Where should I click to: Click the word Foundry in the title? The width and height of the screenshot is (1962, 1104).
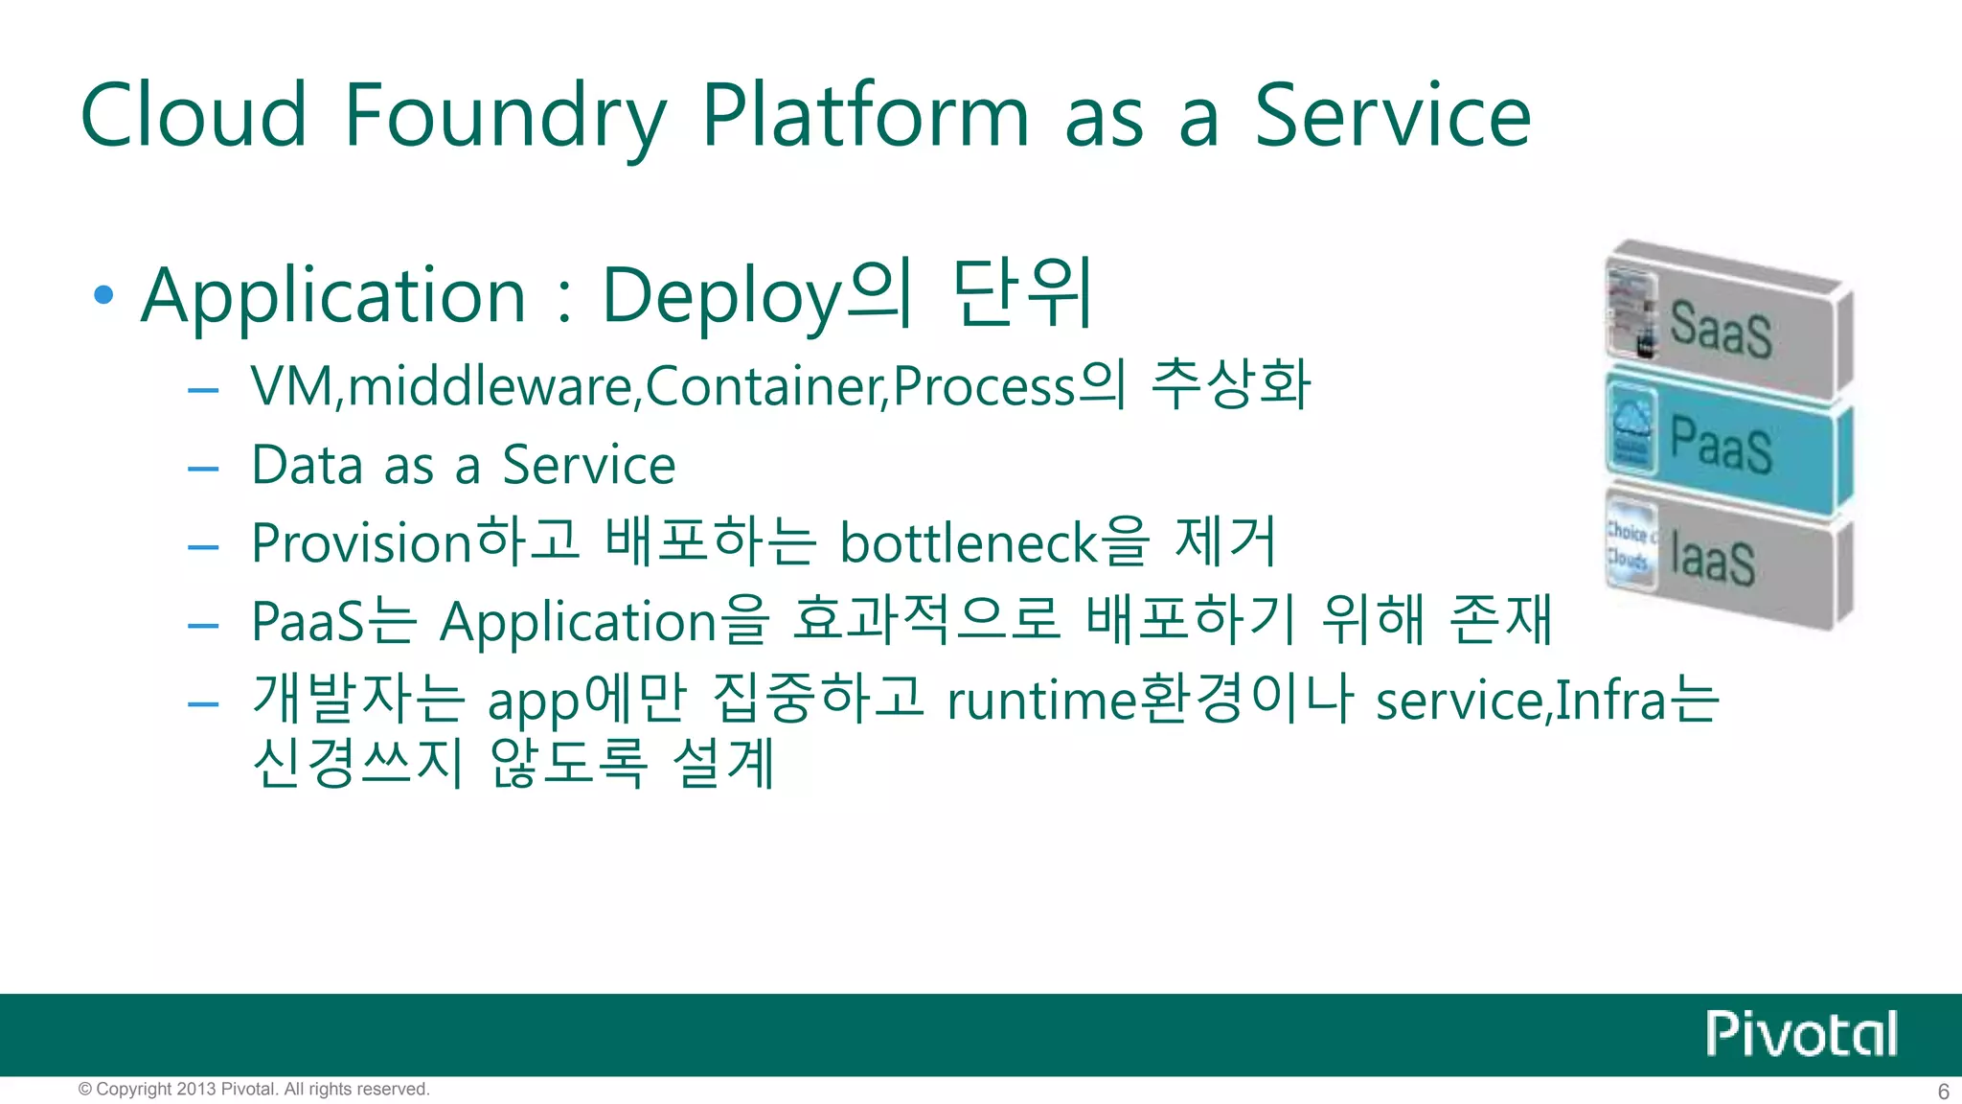(x=504, y=117)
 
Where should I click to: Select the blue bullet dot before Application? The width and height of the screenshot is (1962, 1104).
(x=104, y=294)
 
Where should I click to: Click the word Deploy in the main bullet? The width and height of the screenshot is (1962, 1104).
(x=721, y=296)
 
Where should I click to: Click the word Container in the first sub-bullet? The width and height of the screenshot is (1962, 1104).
(x=766, y=386)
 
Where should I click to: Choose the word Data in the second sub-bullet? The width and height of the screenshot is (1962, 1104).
(x=308, y=466)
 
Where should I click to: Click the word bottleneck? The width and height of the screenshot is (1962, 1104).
(x=968, y=543)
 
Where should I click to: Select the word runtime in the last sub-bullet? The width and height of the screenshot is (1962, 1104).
(x=1040, y=701)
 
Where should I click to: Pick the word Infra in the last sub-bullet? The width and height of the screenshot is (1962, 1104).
(x=1610, y=701)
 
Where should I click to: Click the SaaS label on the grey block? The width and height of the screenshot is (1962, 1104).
(x=1721, y=329)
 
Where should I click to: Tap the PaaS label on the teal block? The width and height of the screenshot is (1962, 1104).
(x=1721, y=444)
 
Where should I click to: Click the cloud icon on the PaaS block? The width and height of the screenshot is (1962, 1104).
(x=1631, y=422)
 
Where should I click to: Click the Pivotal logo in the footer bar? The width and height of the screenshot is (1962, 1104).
(x=1801, y=1034)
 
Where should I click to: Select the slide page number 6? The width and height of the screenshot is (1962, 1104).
(x=1943, y=1092)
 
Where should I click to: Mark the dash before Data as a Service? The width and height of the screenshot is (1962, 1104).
(x=204, y=469)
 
